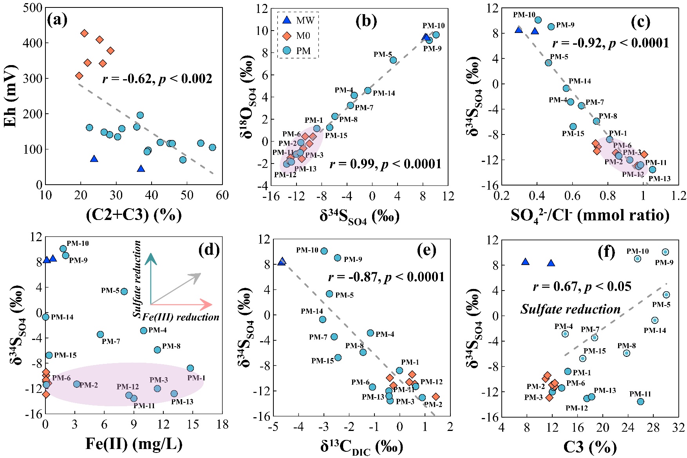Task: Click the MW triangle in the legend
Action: coord(287,20)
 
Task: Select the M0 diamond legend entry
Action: coord(287,36)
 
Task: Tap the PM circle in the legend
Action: coord(287,51)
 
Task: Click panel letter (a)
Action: coord(57,19)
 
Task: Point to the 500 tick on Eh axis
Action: coord(33,8)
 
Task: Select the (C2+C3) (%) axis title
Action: coord(134,214)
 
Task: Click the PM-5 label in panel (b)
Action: coord(383,55)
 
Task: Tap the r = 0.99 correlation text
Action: coord(385,164)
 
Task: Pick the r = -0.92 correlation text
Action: coord(611,43)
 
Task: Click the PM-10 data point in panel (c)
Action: coord(538,20)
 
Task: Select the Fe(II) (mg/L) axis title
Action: coord(134,443)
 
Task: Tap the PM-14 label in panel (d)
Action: coord(62,317)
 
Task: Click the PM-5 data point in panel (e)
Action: coord(329,294)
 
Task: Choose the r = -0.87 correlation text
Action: coord(386,277)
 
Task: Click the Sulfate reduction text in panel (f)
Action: coord(570,309)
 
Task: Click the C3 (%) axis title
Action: coord(590,447)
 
